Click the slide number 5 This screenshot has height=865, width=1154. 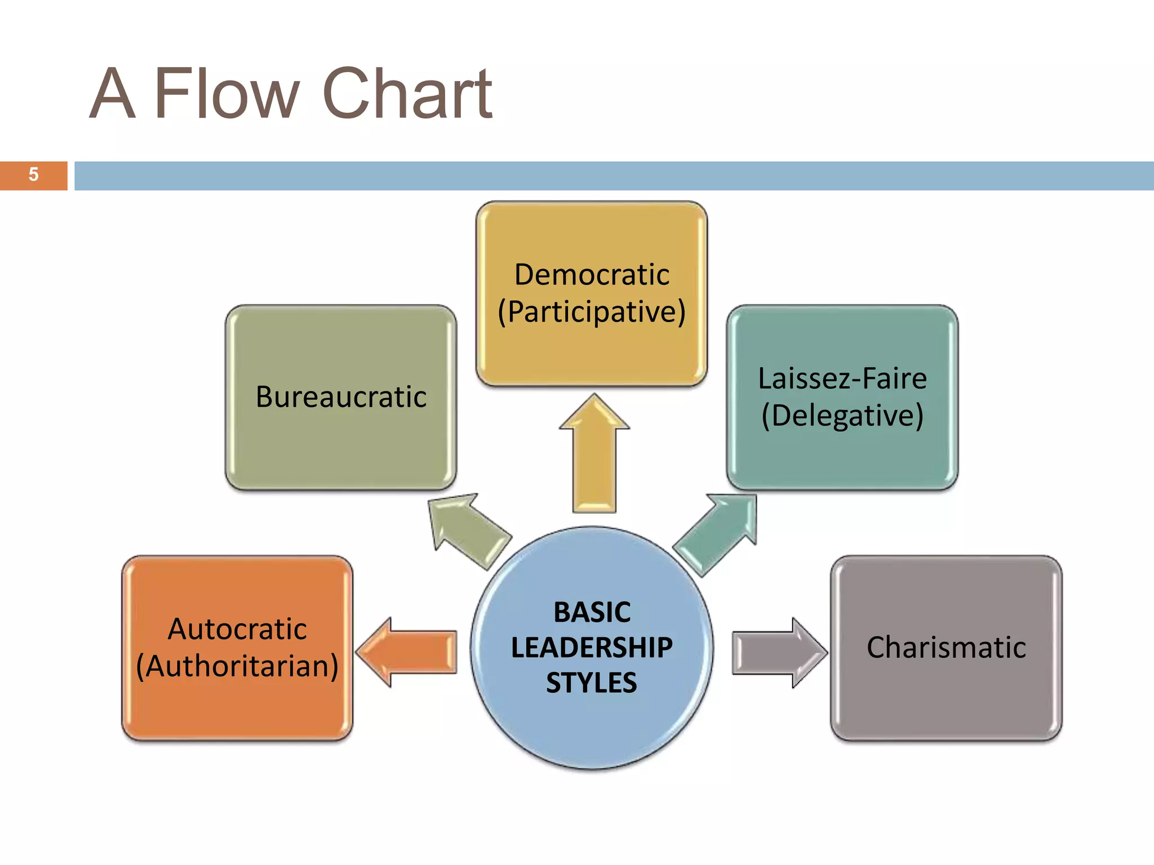coord(33,175)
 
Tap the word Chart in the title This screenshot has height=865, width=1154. coord(407,93)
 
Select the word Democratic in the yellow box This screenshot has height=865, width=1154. coord(592,275)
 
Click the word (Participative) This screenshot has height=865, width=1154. coord(592,312)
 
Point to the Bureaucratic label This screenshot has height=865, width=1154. coord(341,396)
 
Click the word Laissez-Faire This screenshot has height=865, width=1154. coord(842,378)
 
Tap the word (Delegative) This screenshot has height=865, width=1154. coord(842,416)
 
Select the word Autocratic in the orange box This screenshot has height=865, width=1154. coord(237,629)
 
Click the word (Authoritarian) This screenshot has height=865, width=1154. coord(237,666)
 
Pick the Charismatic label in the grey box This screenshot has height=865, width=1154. coord(946,648)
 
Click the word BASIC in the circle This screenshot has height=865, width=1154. coord(592,612)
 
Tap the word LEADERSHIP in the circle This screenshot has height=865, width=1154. coord(592,648)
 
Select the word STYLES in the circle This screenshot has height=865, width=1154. coord(592,683)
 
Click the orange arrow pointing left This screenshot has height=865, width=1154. coord(409,652)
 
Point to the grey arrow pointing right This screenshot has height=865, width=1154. coord(778,653)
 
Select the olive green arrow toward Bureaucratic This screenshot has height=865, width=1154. coord(468,529)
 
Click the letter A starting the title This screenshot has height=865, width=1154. coord(113,93)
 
